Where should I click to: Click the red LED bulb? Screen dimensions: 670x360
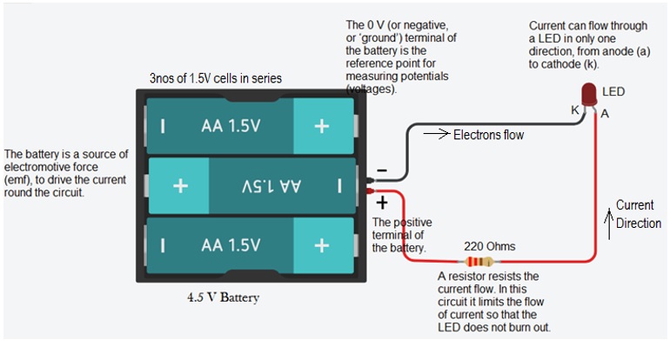[589, 94]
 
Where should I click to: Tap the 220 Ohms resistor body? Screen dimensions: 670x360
[479, 262]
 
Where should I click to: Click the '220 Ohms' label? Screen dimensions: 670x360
[490, 246]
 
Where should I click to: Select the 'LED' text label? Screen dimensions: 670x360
[613, 92]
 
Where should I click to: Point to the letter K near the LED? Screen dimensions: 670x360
[575, 110]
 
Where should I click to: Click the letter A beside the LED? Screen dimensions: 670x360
[605, 114]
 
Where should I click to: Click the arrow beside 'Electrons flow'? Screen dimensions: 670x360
[437, 134]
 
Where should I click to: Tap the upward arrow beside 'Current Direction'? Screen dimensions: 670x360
[609, 223]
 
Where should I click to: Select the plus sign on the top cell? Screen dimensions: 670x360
[322, 126]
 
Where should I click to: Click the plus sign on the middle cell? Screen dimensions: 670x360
[180, 186]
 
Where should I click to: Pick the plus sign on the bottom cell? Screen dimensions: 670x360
[322, 245]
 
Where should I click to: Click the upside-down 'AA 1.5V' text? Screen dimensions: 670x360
[271, 186]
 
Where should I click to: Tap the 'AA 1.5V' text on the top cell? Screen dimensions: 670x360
[231, 126]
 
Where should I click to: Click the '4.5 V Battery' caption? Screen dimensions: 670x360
[223, 297]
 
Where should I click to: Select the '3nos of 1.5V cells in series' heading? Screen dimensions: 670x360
[216, 78]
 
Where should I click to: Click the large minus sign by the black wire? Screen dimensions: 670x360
[382, 170]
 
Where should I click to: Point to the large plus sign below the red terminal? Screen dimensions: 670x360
[382, 203]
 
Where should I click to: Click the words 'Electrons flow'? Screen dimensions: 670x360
[488, 135]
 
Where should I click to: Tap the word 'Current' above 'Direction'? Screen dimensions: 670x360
[634, 205]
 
